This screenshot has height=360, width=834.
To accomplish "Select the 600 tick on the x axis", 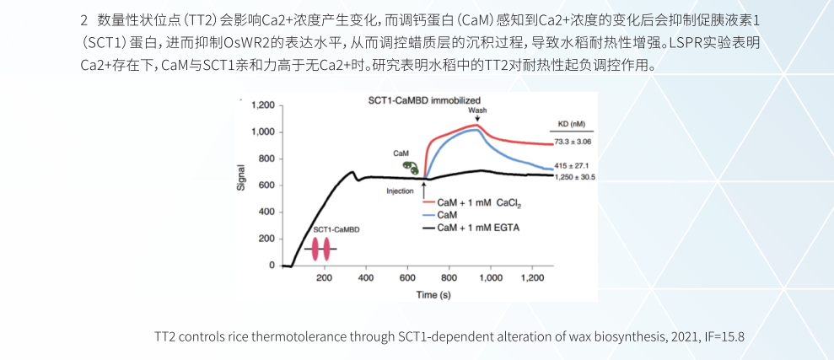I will (x=407, y=277).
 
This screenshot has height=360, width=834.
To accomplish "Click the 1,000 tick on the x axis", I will (x=490, y=277).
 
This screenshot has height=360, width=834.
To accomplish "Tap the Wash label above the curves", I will (x=477, y=110).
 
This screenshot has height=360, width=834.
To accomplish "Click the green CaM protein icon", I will (x=410, y=168).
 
